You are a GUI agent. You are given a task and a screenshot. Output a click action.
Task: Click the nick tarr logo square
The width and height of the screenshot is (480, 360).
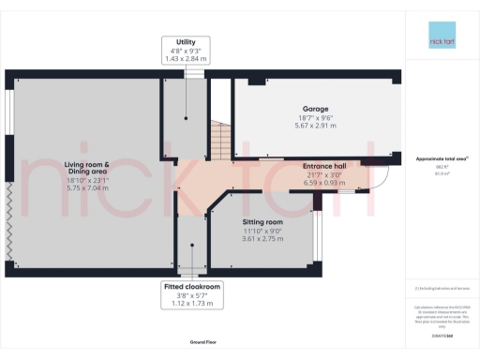pyautogui.click(x=441, y=43)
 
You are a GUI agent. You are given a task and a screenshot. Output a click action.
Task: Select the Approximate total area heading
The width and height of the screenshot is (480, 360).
pyautogui.click(x=441, y=159)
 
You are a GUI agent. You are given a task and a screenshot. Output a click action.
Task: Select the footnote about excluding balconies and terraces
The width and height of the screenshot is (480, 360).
pyautogui.click(x=441, y=288)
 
